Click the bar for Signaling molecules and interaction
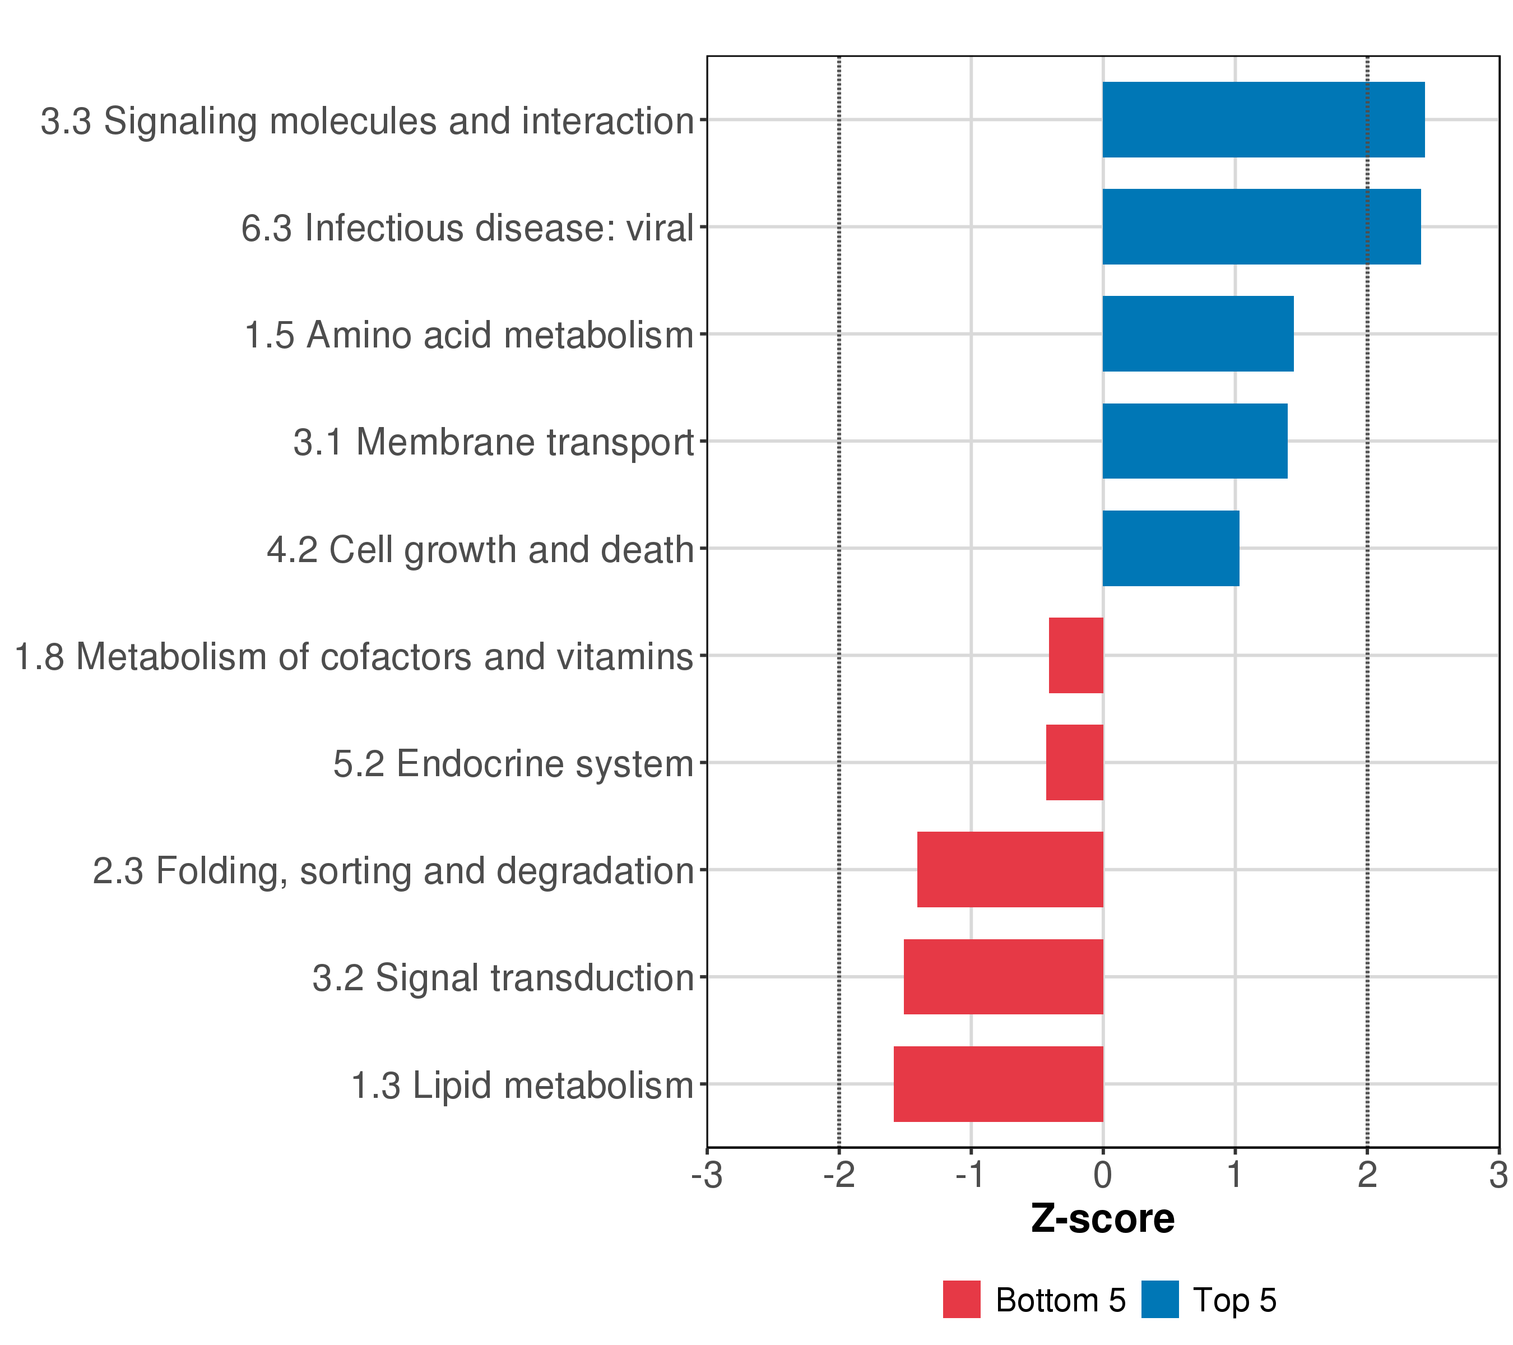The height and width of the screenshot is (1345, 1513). (x=1263, y=120)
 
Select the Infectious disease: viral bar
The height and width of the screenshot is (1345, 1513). (x=1261, y=226)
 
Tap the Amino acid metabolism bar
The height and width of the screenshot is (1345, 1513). (x=1198, y=334)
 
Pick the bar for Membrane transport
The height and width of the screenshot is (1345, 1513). (x=1194, y=441)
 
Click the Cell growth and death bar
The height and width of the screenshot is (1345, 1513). (x=1170, y=549)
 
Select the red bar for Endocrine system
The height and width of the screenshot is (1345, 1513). (x=1074, y=762)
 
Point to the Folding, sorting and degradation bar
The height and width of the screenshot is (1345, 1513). (x=1010, y=870)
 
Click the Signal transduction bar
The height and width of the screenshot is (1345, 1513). (x=1003, y=977)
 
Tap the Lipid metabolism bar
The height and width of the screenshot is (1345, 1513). (x=998, y=1084)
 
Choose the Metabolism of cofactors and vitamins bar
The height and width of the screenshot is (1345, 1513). (x=1075, y=656)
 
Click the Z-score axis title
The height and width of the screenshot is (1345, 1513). (x=1102, y=1219)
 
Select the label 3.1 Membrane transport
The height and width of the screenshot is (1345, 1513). (x=493, y=443)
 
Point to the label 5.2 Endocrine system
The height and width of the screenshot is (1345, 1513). (x=513, y=764)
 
